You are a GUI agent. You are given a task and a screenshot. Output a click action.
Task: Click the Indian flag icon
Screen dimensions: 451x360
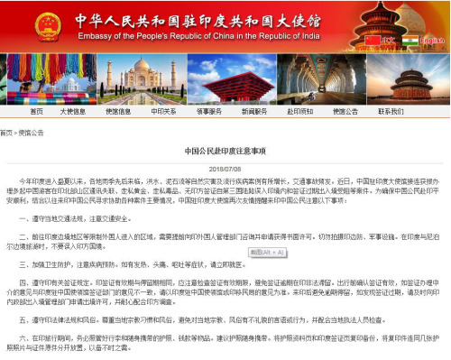pyautogui.click(x=411, y=42)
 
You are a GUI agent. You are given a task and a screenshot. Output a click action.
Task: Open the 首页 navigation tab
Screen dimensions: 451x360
pyautogui.click(x=37, y=112)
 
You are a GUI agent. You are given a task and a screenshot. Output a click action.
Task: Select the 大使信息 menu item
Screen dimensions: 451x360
pyautogui.click(x=73, y=112)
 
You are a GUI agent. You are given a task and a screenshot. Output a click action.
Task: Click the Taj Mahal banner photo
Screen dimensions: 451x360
pyautogui.click(x=148, y=79)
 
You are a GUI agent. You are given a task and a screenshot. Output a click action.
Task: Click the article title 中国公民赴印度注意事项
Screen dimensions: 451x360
pyautogui.click(x=225, y=151)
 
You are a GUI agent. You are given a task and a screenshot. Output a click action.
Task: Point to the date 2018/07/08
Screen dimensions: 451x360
pyautogui.click(x=225, y=168)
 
